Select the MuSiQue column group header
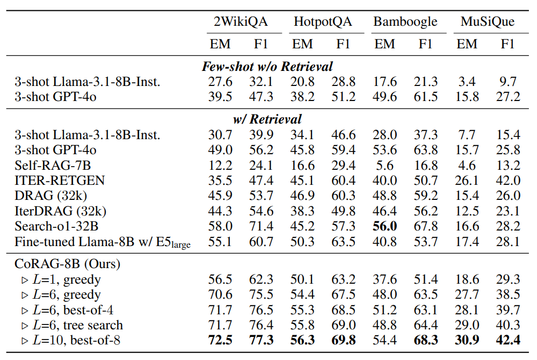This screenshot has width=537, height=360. click(x=488, y=21)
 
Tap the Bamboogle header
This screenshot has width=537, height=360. click(x=405, y=21)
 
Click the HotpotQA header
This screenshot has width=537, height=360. click(x=323, y=21)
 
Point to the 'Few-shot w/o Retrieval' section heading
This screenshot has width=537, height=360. click(x=267, y=67)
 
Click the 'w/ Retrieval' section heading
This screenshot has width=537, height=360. click(x=267, y=119)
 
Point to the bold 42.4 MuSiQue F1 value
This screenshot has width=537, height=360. click(x=507, y=341)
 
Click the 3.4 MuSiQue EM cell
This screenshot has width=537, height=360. click(x=466, y=82)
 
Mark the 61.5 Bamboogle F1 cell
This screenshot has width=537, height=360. click(x=425, y=97)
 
